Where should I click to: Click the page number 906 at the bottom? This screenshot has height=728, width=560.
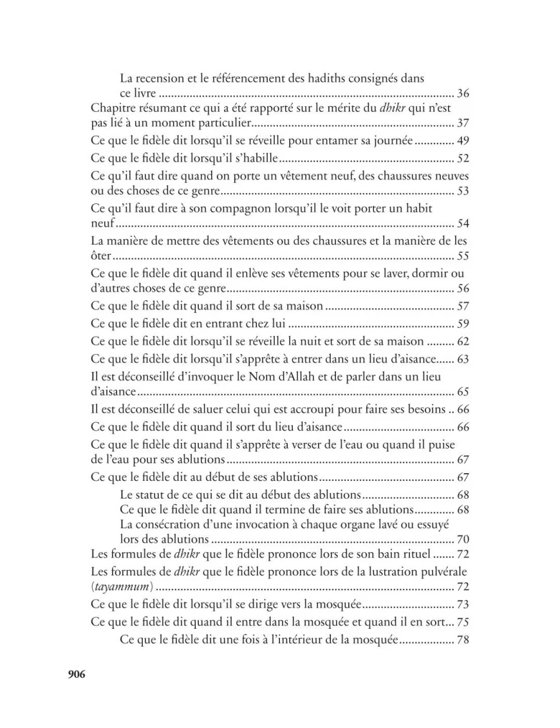[77, 674]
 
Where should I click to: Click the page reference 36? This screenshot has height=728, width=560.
[463, 94]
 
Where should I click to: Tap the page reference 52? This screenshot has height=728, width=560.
[463, 158]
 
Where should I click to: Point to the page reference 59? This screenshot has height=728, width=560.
[463, 324]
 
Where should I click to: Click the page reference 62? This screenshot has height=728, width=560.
[463, 341]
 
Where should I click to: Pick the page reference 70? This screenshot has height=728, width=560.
[463, 539]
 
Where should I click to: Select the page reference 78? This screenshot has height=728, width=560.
[463, 640]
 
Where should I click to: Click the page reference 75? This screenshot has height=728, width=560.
[463, 622]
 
